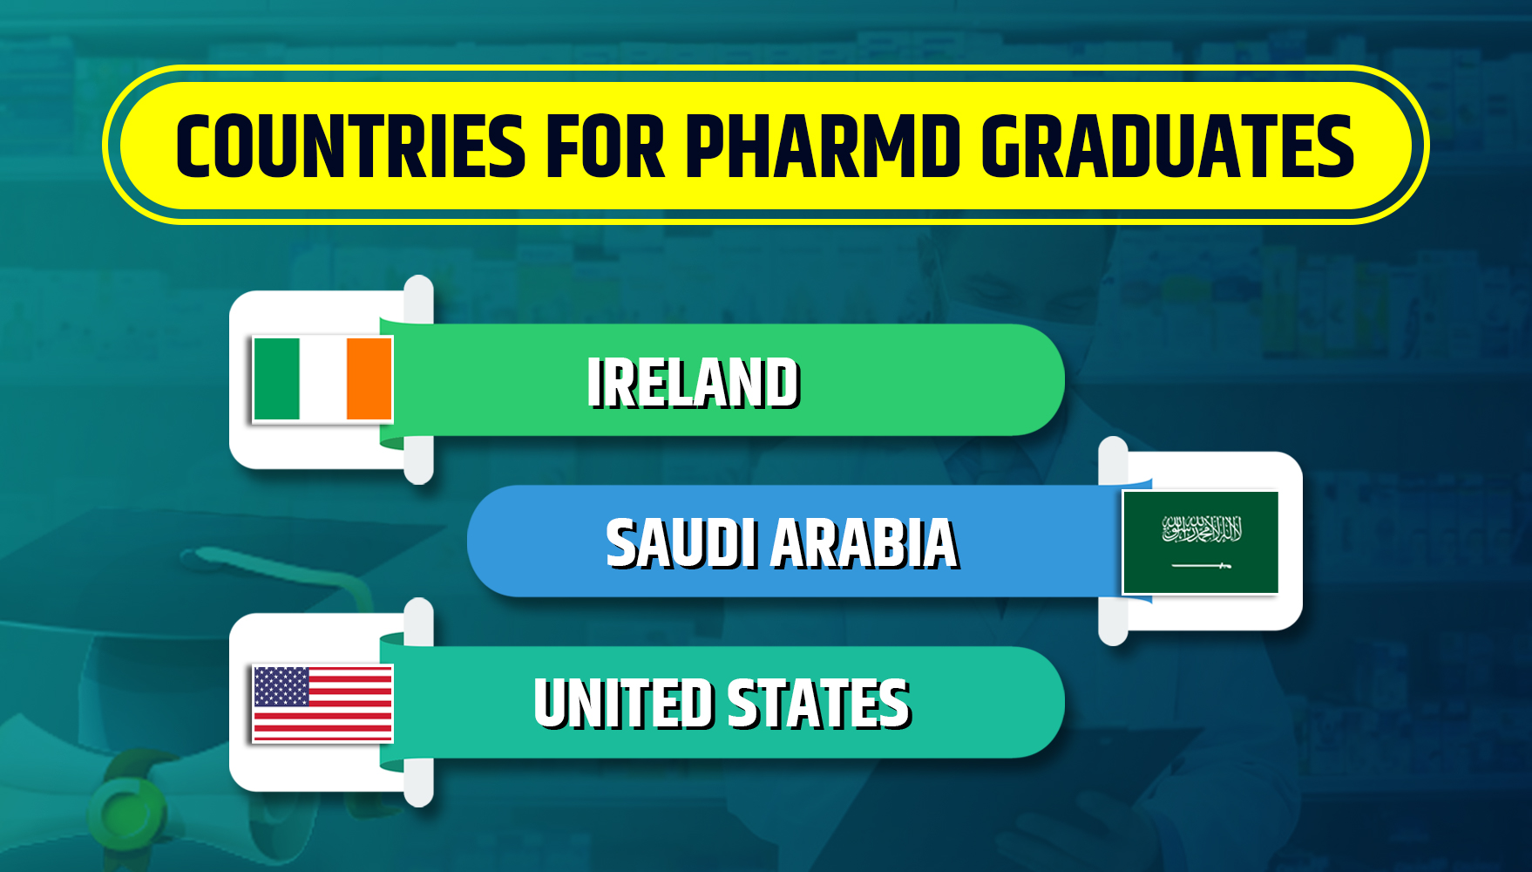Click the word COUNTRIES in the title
point(350,146)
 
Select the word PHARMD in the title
point(823,146)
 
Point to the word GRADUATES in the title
point(1168,146)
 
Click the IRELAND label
point(694,383)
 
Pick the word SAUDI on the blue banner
point(681,543)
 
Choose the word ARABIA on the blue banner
point(865,543)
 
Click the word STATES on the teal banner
point(819,704)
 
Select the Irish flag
point(322,379)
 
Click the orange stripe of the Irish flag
point(370,379)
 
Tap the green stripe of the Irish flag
point(276,379)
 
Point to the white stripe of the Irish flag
point(323,379)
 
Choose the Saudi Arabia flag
point(1201,542)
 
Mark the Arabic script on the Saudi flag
point(1202,528)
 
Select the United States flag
point(322,704)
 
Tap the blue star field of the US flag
point(281,686)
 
